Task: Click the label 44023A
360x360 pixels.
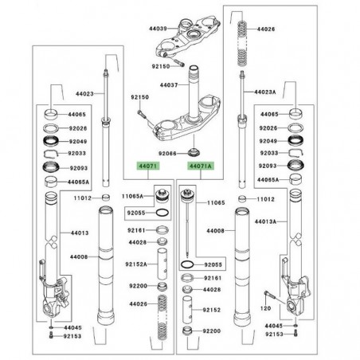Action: pos(266,92)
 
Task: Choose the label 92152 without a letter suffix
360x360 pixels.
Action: pos(212,309)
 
